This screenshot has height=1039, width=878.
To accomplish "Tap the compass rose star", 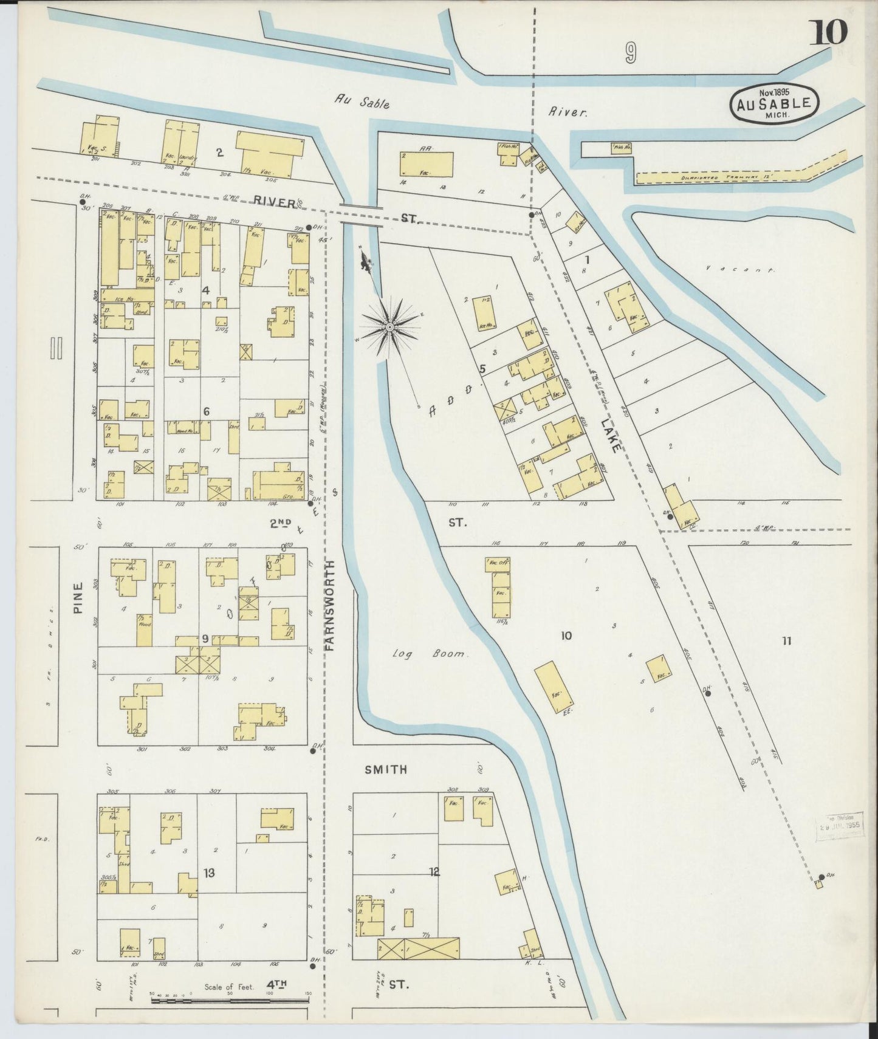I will tap(389, 327).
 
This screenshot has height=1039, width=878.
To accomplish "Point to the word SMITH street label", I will tap(386, 770).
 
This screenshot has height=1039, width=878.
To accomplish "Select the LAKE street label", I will tap(611, 434).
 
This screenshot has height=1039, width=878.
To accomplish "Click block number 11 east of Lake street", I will tap(786, 640).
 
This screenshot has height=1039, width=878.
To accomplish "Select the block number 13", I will tap(208, 873).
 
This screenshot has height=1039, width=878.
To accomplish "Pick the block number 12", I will tap(434, 872).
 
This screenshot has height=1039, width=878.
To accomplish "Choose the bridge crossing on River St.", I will tap(361, 215).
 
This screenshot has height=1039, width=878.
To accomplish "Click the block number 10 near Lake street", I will tap(566, 636).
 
